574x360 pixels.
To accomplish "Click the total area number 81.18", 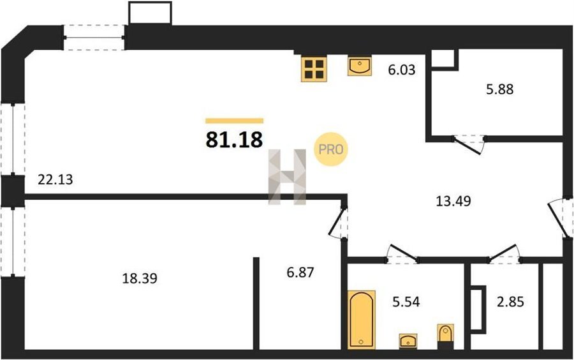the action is pyautogui.click(x=234, y=140).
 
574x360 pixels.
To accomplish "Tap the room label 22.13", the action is pyautogui.click(x=55, y=179).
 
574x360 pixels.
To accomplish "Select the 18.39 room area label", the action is pyautogui.click(x=140, y=278).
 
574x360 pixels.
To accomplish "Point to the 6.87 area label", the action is pyautogui.click(x=300, y=273).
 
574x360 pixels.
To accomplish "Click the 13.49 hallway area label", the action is pyautogui.click(x=453, y=201).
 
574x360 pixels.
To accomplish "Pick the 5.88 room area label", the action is pyautogui.click(x=499, y=89).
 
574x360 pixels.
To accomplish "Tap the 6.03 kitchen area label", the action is pyautogui.click(x=402, y=70).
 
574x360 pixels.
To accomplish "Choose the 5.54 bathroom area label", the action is pyautogui.click(x=406, y=302).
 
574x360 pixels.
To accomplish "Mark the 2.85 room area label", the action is pyautogui.click(x=510, y=302).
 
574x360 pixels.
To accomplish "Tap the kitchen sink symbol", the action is pyautogui.click(x=360, y=66).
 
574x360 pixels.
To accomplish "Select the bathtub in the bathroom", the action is pyautogui.click(x=361, y=319).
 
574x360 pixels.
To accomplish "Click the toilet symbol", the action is pyautogui.click(x=446, y=336).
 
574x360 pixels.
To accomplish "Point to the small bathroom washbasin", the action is pyautogui.click(x=408, y=341).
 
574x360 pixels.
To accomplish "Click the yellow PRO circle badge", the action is pyautogui.click(x=331, y=149).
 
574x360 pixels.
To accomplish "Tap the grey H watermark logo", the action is pyautogui.click(x=287, y=177).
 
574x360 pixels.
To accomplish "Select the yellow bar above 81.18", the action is pyautogui.click(x=234, y=121).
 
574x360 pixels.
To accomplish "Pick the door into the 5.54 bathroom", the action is pyautogui.click(x=402, y=254).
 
